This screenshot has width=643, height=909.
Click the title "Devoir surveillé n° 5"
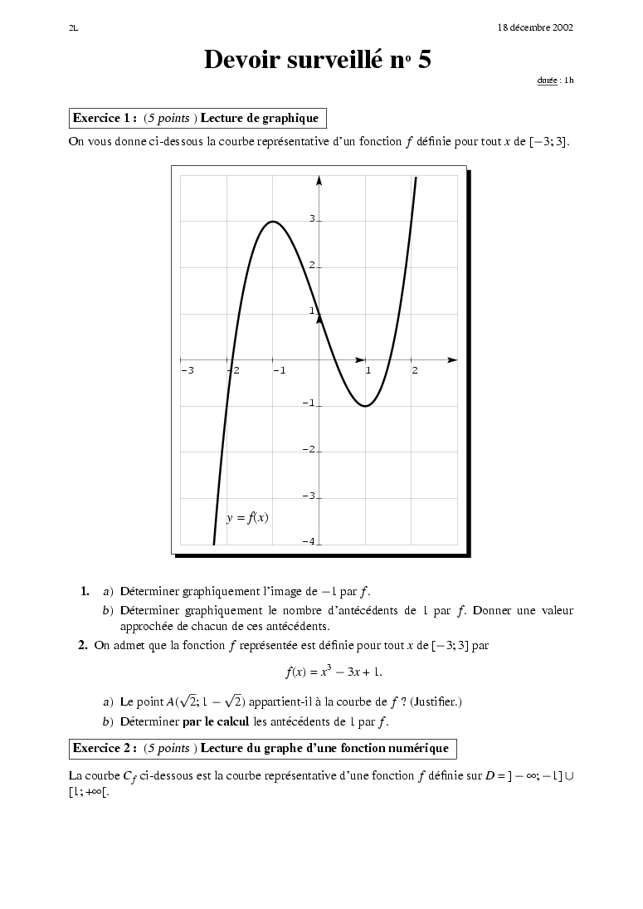(x=318, y=60)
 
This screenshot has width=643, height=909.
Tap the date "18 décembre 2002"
(x=535, y=27)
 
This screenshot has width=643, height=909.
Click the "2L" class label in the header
(x=73, y=27)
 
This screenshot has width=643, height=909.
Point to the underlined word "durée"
(x=547, y=81)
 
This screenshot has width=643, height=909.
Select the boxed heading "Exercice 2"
(x=261, y=748)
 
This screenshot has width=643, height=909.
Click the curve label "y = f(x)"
(x=247, y=517)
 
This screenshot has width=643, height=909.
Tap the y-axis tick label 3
(x=312, y=219)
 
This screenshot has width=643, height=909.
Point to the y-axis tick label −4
(x=309, y=541)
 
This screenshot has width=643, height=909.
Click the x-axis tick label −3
(x=187, y=370)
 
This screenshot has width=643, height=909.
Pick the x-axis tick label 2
(x=415, y=370)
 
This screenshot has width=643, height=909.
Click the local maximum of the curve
(x=273, y=222)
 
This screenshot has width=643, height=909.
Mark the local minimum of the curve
(x=365, y=406)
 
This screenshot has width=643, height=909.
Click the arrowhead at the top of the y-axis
(x=319, y=178)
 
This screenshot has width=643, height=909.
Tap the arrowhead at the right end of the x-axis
(x=452, y=360)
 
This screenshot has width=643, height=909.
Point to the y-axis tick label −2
(x=309, y=449)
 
